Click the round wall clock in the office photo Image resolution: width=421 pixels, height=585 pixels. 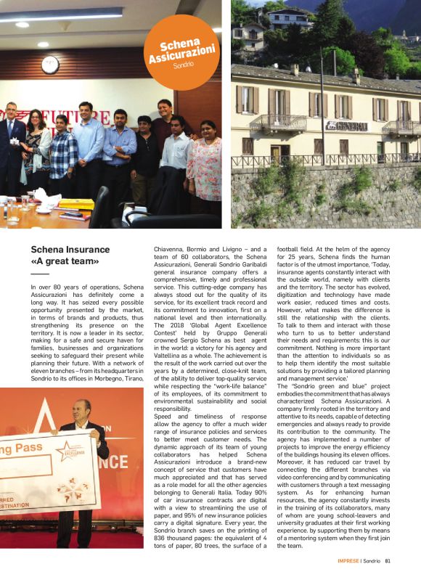coord(50,65)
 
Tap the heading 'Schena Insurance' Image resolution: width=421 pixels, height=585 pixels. coord(70,250)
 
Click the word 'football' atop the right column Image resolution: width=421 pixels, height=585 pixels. coord(290,248)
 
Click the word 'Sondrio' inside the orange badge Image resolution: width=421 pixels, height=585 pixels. coord(182,65)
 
